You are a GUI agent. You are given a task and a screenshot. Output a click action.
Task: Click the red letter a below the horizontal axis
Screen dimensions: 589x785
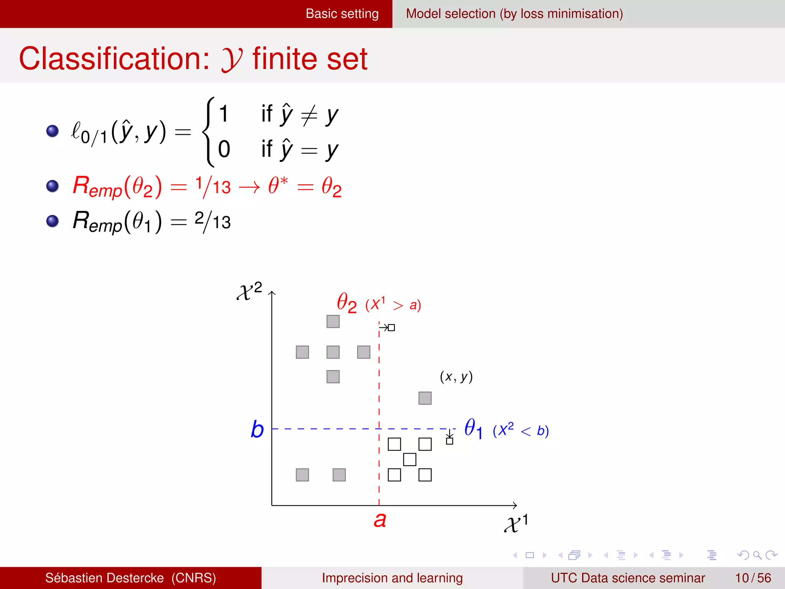(x=380, y=520)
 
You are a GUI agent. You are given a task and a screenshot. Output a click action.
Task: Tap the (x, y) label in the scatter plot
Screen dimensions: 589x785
(x=456, y=377)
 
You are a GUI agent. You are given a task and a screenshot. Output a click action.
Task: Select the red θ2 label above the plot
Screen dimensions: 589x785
(x=347, y=303)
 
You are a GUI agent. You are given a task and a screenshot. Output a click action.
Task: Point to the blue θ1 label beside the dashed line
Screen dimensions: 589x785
(x=473, y=428)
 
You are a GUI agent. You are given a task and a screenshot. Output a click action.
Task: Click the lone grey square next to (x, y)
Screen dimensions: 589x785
(x=425, y=398)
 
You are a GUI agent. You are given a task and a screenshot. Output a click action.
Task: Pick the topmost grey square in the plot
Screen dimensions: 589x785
(x=333, y=321)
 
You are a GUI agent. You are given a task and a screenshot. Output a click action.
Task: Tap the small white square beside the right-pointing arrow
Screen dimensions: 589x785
(x=391, y=327)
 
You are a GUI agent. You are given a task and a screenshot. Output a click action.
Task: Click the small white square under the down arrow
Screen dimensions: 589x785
(x=450, y=441)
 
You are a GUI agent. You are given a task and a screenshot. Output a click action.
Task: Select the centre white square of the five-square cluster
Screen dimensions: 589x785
(x=409, y=459)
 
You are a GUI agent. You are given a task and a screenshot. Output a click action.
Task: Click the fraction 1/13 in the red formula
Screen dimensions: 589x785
(x=213, y=187)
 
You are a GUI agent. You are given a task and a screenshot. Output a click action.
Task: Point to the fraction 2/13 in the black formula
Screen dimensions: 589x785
(x=213, y=222)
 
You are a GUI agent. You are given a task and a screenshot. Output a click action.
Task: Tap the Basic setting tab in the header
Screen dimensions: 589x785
(x=342, y=14)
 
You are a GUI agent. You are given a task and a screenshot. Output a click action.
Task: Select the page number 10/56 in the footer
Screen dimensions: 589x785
(x=753, y=578)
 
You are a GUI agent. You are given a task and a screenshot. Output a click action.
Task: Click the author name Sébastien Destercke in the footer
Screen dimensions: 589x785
(x=104, y=578)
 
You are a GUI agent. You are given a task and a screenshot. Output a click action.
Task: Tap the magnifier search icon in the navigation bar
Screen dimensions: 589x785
(x=757, y=555)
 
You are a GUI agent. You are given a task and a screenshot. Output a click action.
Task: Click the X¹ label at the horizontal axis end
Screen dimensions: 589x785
(x=516, y=523)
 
